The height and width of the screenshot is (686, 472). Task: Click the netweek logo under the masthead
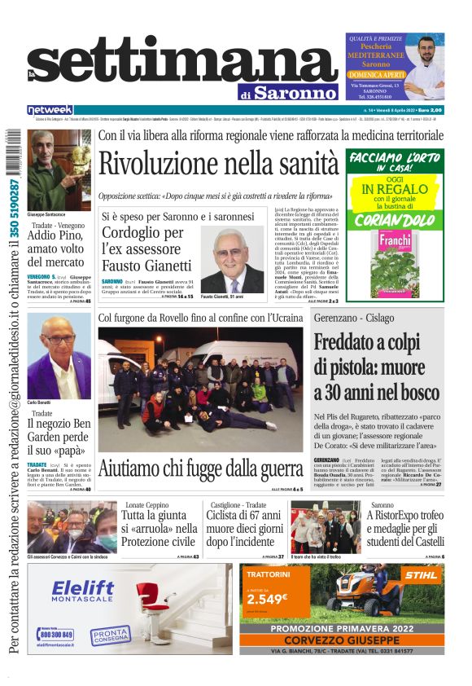(50, 109)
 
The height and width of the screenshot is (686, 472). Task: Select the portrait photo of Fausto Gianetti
(231, 261)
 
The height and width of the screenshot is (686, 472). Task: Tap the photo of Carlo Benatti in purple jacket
(59, 356)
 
